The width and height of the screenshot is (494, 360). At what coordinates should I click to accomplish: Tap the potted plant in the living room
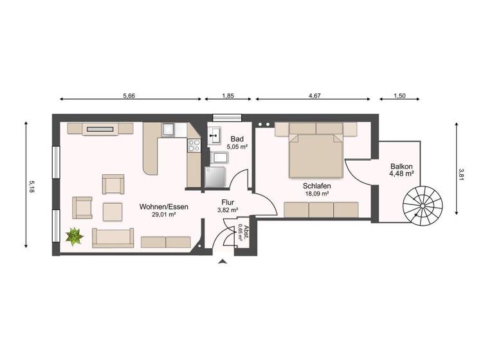click(x=75, y=237)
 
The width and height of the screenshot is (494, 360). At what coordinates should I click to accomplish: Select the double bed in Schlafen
click(x=315, y=155)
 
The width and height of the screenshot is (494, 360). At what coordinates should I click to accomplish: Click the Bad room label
click(x=237, y=139)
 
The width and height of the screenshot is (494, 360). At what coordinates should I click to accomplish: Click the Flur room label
click(x=228, y=202)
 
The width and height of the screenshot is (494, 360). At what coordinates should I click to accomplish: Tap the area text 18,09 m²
click(x=316, y=194)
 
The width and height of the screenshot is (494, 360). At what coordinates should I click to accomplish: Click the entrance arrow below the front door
click(x=223, y=261)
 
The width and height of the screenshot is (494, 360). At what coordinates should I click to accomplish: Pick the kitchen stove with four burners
click(x=193, y=146)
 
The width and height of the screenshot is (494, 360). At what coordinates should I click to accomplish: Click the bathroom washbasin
click(x=214, y=136)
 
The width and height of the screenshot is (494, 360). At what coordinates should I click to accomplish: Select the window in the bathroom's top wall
click(x=228, y=116)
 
